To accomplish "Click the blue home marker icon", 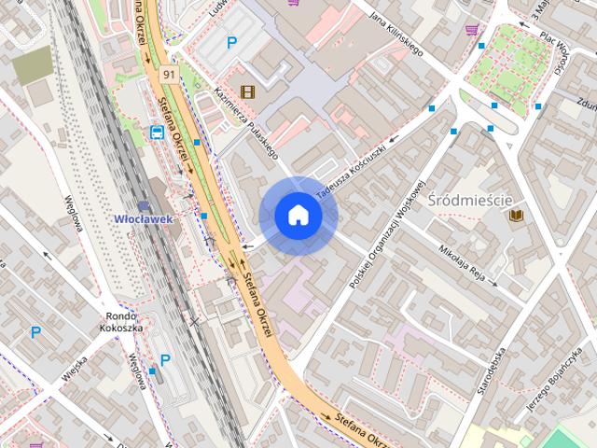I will [298, 216].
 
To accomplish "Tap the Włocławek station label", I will [144, 219].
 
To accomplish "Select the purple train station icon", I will [144, 205].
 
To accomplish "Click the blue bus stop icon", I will [158, 132].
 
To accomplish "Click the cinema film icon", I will [247, 91].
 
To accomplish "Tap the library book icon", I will [517, 216].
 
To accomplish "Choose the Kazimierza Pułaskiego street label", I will [241, 120].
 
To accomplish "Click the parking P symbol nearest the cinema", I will [231, 42].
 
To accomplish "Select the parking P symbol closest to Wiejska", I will [36, 331].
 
